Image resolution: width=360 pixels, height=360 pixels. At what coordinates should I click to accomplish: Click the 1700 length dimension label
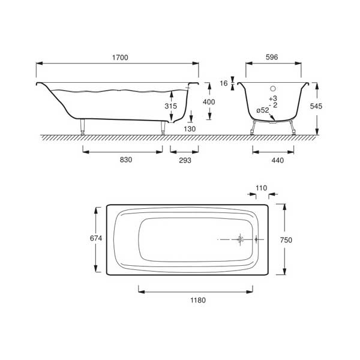(120, 58)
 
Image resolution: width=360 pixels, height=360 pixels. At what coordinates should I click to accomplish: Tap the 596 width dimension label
(272, 57)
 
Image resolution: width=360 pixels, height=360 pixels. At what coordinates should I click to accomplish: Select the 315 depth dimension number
(171, 106)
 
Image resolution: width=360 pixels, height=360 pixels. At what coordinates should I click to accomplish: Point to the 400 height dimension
(209, 102)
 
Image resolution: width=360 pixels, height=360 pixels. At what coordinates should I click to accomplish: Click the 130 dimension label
(190, 129)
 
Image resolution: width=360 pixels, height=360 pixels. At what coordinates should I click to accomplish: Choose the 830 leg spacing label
(126, 160)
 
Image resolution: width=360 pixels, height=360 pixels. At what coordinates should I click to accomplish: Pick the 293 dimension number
(185, 160)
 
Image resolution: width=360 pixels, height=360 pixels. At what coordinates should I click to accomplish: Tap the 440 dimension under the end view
(278, 160)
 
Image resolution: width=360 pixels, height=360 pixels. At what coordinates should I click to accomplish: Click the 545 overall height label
(316, 106)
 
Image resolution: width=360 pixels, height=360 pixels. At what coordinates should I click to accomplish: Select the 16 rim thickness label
(224, 83)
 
